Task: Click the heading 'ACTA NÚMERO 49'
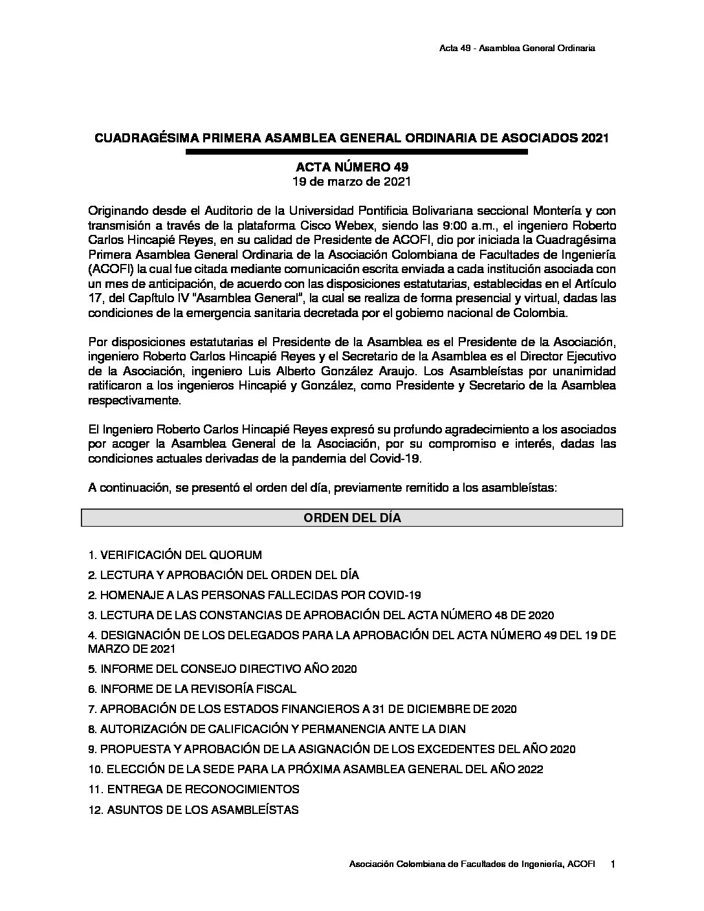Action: pos(351,168)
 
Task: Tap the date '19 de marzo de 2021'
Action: pos(351,182)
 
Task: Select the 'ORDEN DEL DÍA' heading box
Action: pos(351,518)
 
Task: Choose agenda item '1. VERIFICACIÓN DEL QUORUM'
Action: pos(175,555)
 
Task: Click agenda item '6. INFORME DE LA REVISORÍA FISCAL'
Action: pos(192,690)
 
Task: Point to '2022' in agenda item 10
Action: pos(529,769)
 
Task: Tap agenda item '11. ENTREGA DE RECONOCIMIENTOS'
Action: pos(193,789)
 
